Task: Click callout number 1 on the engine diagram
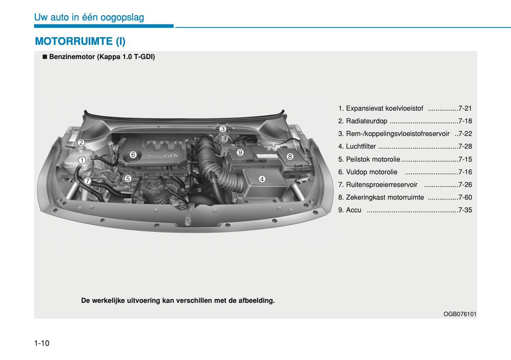coord(82,161)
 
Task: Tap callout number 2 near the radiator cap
coord(81,143)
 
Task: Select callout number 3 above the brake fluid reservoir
coord(222,129)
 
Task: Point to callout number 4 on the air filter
coord(262,179)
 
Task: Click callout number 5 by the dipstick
coord(128,179)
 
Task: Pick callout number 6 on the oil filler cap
coord(133,155)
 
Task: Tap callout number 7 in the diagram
coord(87,181)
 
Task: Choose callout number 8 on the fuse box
coord(290,157)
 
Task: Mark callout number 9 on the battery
coord(240,152)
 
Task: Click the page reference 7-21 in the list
coord(465,109)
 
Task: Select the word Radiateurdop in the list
coord(366,121)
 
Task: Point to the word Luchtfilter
coord(361,146)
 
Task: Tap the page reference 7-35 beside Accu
coord(465,210)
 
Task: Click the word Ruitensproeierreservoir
coord(382,185)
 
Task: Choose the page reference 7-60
coord(465,197)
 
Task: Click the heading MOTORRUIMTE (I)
coord(80,41)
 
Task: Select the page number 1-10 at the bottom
coord(42,343)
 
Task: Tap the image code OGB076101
coord(460,314)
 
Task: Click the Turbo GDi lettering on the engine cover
coord(163,156)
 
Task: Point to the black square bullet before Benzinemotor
coord(45,57)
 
